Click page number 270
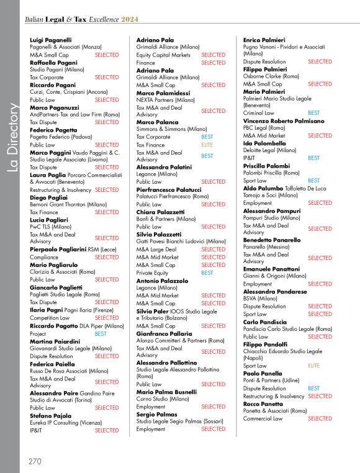(x=35, y=461)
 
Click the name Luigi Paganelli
(x=50, y=40)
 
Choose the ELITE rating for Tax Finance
(x=207, y=145)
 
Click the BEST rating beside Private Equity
(x=207, y=273)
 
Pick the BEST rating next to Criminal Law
(x=314, y=113)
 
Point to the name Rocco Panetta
(x=263, y=403)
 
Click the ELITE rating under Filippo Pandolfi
(x=314, y=366)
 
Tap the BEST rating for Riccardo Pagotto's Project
(x=101, y=333)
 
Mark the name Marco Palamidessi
(x=163, y=92)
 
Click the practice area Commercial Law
(x=263, y=418)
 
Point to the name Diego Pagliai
(x=48, y=197)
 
